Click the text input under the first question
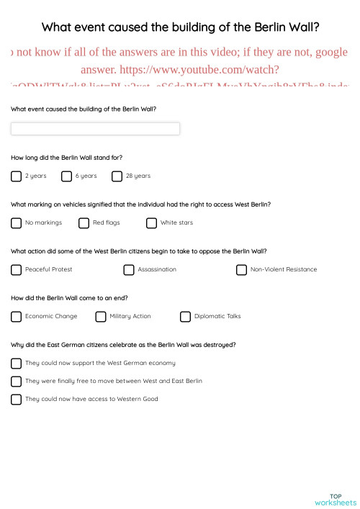pos(95,129)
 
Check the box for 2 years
pos(17,176)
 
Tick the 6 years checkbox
pos(67,176)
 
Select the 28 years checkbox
pos(117,176)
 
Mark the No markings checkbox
pos(17,222)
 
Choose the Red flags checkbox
pos(84,222)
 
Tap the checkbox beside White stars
pos(151,222)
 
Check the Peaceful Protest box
pos(17,269)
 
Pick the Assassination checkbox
pos(129,269)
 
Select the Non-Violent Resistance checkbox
pos(241,269)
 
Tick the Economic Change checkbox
pos(17,316)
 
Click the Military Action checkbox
pos(101,316)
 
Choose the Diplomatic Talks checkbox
pos(185,316)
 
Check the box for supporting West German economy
pos(17,363)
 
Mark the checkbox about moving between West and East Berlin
pos(17,381)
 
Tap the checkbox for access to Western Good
pos(17,399)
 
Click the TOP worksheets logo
pos(336,499)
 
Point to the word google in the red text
pos(331,53)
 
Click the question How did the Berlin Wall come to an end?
pos(70,297)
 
